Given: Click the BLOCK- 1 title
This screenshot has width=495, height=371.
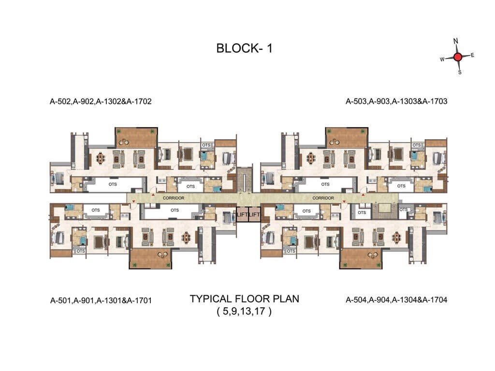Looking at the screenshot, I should [x=245, y=49].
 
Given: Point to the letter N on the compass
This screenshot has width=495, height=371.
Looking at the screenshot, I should [x=455, y=41].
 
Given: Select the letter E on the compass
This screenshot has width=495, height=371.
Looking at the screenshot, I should [x=472, y=55].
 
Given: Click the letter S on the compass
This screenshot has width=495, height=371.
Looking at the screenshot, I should [x=460, y=72].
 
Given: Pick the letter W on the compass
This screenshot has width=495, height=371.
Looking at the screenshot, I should [x=442, y=59].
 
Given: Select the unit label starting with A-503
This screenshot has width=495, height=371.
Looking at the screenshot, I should [x=396, y=101].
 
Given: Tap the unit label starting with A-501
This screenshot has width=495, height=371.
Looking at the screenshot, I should [x=101, y=300].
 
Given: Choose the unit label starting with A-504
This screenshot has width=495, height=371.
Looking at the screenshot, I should [x=396, y=300].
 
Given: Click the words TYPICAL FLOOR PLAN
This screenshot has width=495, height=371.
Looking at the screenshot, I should [x=245, y=299].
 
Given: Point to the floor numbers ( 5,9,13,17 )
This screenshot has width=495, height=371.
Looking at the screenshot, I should [x=245, y=312].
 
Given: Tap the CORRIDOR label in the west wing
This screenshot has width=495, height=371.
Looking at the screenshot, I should [x=173, y=198].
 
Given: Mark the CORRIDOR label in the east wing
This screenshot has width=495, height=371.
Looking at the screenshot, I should [x=323, y=198].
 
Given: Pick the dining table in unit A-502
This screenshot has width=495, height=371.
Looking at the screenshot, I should [x=101, y=158].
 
